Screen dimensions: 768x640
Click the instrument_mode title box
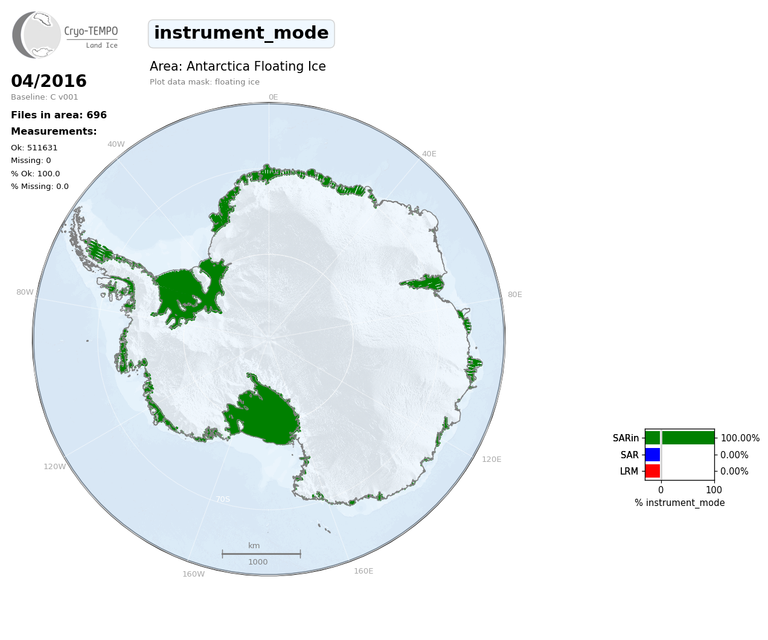(242, 33)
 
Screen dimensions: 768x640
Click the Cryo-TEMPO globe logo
(36, 34)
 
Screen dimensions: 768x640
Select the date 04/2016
(49, 81)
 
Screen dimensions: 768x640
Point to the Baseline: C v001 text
(45, 97)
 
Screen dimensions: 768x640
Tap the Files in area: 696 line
(59, 115)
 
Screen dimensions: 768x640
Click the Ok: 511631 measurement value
(34, 147)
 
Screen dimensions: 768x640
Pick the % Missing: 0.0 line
(40, 187)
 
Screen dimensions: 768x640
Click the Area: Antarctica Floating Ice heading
(238, 66)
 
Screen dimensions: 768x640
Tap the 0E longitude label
(274, 97)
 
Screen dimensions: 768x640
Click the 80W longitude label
(25, 292)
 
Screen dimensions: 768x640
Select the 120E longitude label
(491, 459)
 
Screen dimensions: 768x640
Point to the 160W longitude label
(193, 574)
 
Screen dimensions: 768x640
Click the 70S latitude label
(223, 499)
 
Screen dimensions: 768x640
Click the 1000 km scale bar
(261, 554)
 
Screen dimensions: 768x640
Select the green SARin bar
(680, 438)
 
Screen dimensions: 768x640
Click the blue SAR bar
(653, 455)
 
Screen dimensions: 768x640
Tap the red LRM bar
(653, 471)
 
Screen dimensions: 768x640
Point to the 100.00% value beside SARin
(740, 438)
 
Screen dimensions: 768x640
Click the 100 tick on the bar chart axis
(714, 490)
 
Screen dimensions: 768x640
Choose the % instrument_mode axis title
(680, 503)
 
